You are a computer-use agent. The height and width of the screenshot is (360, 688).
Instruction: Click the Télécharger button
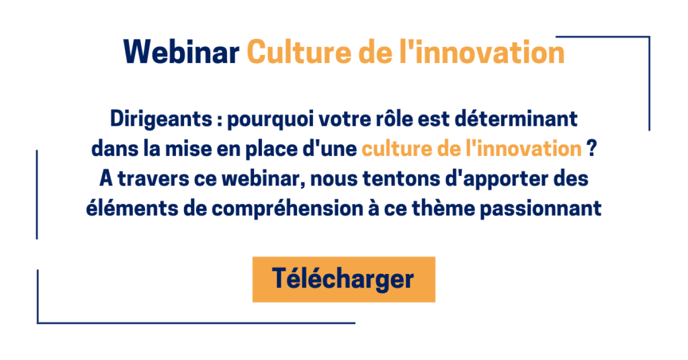(343, 279)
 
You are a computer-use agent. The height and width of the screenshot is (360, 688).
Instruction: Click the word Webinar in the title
(181, 52)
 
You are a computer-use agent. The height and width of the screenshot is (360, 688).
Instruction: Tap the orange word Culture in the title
(299, 52)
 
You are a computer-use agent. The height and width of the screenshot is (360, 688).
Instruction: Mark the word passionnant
(541, 210)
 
